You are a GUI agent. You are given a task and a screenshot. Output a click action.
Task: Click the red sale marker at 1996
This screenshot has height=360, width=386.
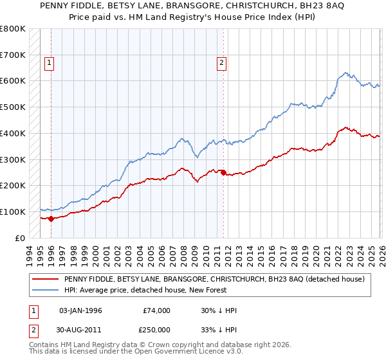coord(51,219)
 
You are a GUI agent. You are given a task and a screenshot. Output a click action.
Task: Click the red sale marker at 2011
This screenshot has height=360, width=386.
coord(223,172)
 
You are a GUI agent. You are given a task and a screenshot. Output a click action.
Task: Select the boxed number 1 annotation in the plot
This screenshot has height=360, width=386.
coord(50,62)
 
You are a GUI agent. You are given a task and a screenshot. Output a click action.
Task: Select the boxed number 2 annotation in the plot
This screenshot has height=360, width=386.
coord(221,62)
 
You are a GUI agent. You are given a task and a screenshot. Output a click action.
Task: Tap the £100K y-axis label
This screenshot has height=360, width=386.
coord(12,212)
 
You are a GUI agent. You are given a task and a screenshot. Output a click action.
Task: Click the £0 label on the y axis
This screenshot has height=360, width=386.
coord(19,238)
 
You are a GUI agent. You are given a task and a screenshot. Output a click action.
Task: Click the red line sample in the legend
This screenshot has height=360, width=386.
coord(45,279)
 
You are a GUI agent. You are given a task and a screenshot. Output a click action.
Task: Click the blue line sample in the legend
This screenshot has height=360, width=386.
coord(45,290)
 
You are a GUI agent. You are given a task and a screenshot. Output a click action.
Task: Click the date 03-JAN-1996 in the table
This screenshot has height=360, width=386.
coord(81,310)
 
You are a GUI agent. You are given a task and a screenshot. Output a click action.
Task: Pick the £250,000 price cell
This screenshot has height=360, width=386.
coord(157,329)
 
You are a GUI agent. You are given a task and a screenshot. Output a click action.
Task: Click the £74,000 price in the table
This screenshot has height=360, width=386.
coord(157,310)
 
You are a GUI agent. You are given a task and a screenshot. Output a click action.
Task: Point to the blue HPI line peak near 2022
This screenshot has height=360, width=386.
coord(345,73)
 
